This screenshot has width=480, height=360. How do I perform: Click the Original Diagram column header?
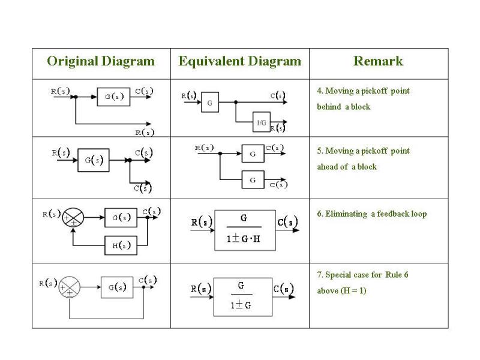(101, 61)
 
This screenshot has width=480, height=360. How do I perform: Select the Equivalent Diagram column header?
(239, 61)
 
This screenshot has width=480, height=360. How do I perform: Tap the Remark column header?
(379, 61)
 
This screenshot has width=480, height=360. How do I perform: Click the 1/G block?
(262, 122)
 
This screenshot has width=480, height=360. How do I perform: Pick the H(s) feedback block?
(121, 245)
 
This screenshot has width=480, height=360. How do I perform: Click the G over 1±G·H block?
(245, 230)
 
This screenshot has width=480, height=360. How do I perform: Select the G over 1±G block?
(243, 297)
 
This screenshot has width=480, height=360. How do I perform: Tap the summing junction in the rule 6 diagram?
(73, 218)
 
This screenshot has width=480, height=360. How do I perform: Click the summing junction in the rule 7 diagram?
(70, 287)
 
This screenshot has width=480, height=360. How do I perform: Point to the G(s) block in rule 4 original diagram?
(113, 97)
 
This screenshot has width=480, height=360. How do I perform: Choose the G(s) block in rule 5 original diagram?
(94, 160)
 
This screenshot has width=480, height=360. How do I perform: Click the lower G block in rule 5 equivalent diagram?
(253, 179)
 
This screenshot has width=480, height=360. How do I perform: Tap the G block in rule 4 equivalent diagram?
(210, 102)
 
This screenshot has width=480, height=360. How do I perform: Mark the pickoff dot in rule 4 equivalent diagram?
(236, 102)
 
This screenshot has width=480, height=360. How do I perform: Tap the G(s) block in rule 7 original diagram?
(117, 287)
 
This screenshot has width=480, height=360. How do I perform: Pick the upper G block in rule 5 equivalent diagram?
(253, 154)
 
